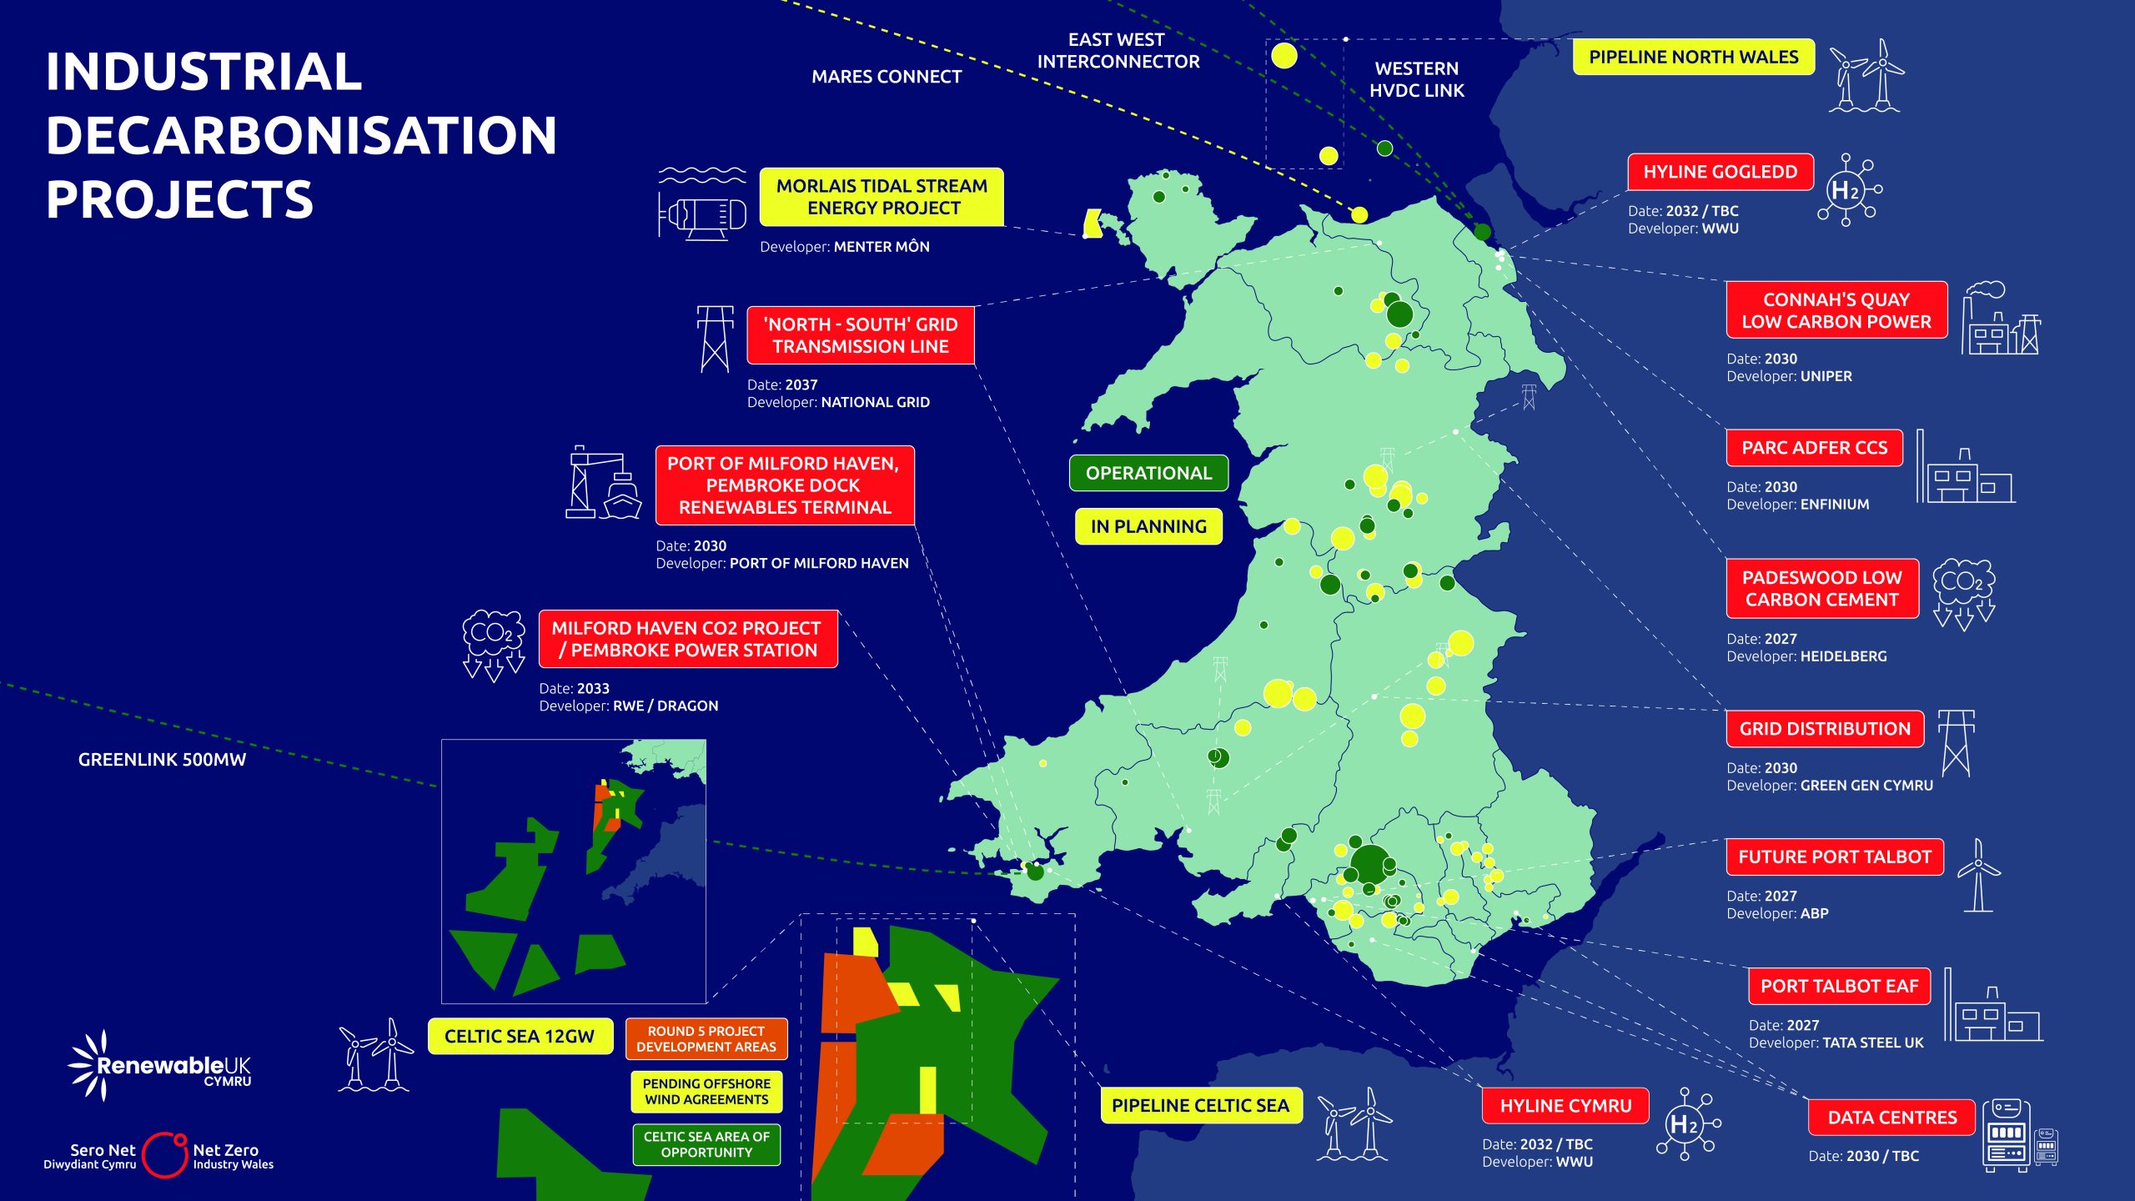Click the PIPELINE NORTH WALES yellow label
point(1693,57)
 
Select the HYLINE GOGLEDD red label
point(1720,172)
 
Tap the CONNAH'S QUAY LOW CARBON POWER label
point(1836,310)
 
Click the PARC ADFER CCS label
point(1814,448)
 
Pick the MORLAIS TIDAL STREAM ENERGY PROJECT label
point(882,197)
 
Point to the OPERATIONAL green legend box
point(1148,473)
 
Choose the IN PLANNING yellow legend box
point(1148,526)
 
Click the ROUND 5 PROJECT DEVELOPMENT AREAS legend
point(706,1038)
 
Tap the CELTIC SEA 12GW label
point(520,1036)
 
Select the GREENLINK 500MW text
point(162,760)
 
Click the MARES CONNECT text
point(887,77)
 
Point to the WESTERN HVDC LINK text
point(1416,79)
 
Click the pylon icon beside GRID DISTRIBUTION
point(1956,742)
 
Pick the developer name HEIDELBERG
point(1843,656)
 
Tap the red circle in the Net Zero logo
point(164,1155)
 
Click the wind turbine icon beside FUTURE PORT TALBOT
point(1978,876)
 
